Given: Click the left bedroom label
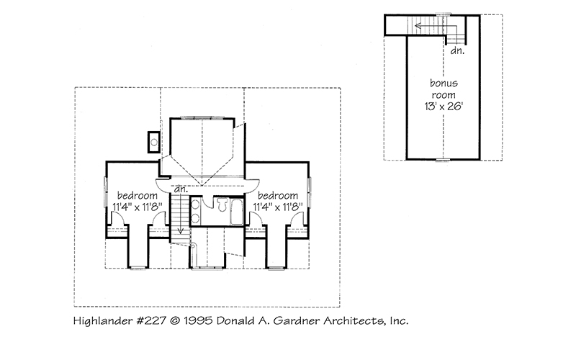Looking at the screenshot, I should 138,195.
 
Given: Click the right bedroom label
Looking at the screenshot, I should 277,195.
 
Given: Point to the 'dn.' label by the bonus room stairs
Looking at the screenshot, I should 456,51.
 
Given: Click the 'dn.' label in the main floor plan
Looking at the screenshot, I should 180,189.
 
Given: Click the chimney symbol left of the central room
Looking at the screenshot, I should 154,141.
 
